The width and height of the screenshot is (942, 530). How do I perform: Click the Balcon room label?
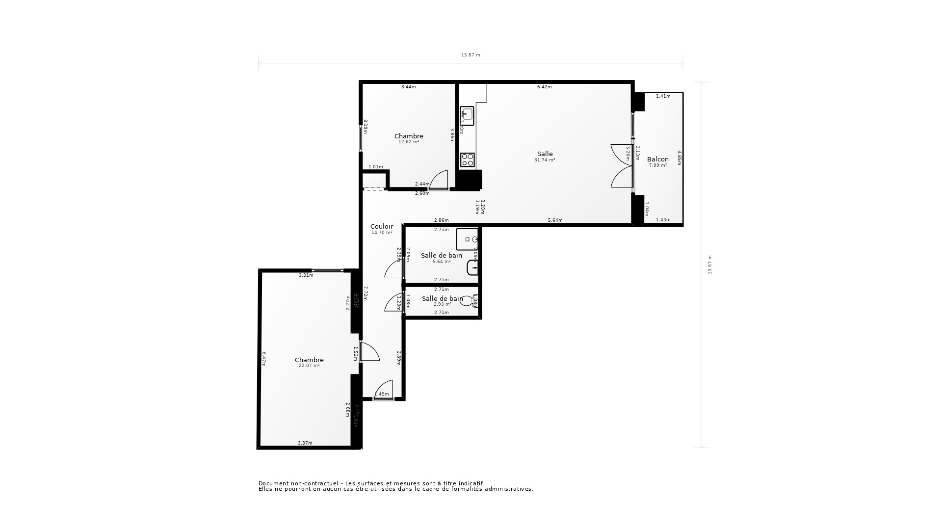pos(657,159)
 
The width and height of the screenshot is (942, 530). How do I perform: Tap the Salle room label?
pos(545,154)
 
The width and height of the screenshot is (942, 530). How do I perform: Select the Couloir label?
pos(381,227)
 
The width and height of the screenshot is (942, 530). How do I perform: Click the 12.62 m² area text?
pos(408,142)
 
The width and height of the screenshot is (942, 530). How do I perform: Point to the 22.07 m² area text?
pos(309,366)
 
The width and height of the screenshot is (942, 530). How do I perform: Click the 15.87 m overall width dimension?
pos(470,55)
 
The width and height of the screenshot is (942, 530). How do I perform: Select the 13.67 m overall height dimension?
pos(709,265)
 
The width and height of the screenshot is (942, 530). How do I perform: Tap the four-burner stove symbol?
pos(467,159)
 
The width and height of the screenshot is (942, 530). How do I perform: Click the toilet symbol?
pos(469,300)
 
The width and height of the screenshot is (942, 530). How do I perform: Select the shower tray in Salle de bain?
pos(467,239)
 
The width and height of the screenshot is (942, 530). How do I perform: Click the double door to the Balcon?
pos(622,166)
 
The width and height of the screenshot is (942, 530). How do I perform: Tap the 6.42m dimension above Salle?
pos(544,87)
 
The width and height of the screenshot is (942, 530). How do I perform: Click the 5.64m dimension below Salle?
pos(555,220)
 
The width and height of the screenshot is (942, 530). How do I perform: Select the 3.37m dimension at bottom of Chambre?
pos(305,443)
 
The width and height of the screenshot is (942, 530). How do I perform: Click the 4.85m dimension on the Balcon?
pos(680,158)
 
